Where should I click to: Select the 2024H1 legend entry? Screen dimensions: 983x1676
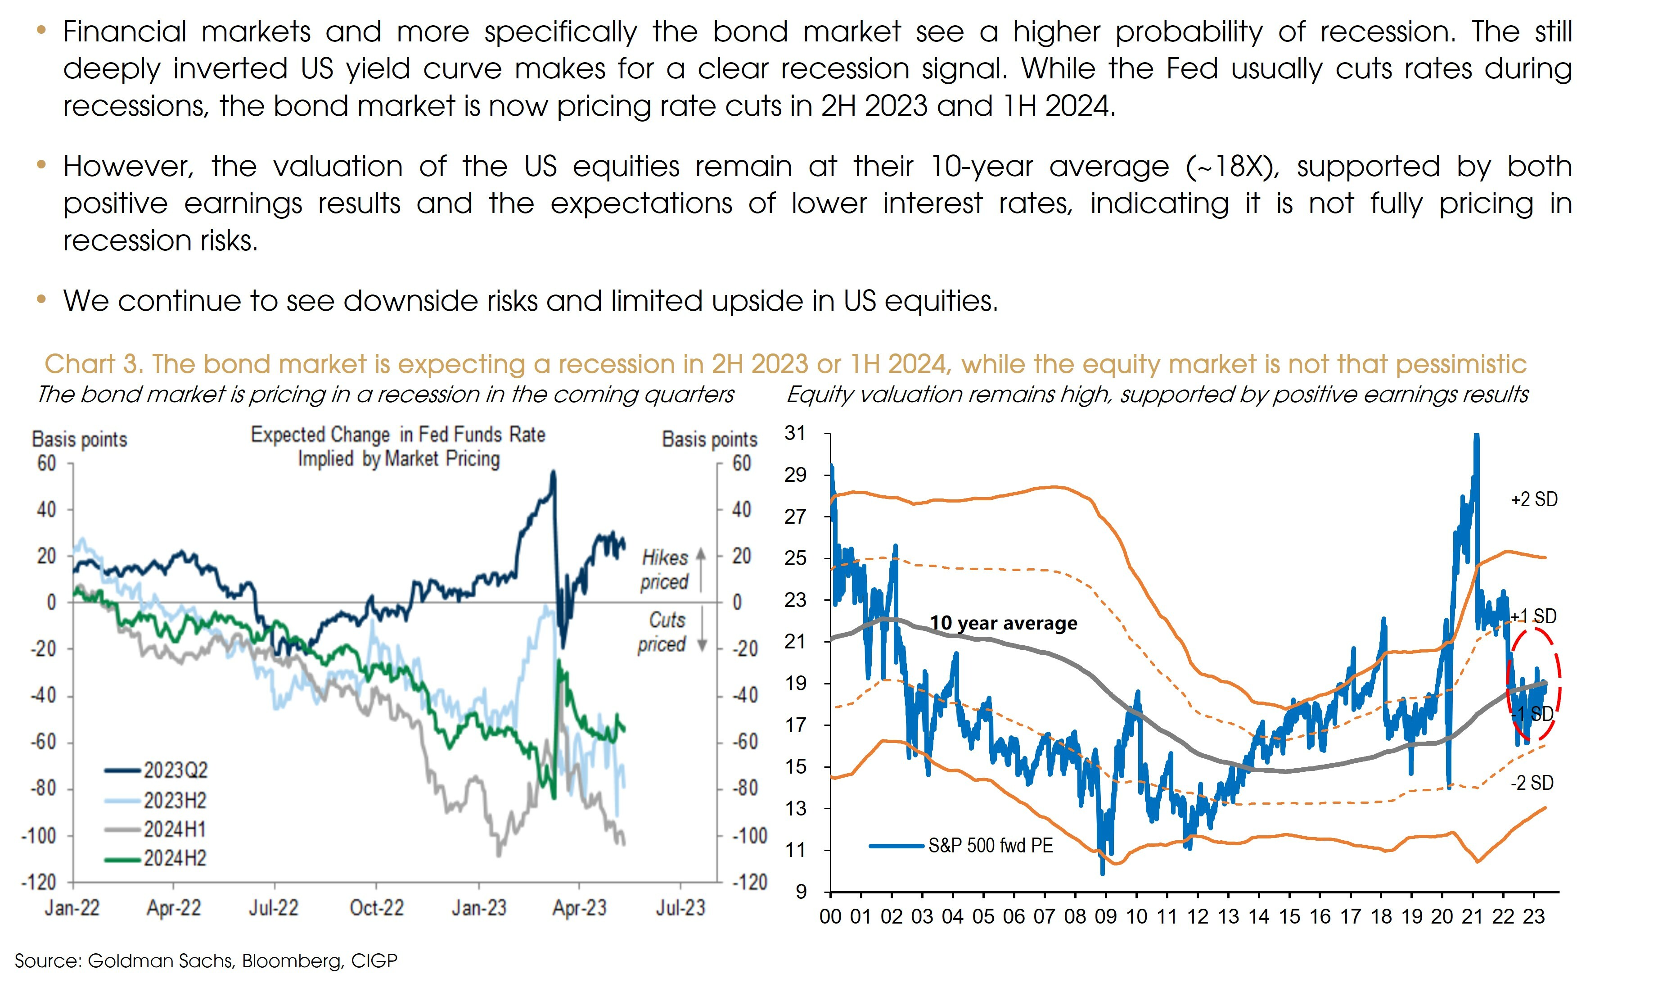click(x=174, y=829)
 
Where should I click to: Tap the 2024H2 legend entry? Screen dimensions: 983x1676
click(x=174, y=859)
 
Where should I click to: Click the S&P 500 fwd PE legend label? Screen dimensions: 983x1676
click(x=990, y=846)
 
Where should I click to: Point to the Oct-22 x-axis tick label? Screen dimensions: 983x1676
click(x=376, y=908)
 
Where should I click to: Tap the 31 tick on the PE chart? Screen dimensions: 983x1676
click(x=795, y=433)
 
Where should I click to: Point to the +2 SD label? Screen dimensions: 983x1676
click(x=1534, y=499)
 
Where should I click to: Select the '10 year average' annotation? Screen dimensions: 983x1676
click(x=1003, y=623)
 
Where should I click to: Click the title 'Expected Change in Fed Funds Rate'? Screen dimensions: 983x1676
click(x=398, y=435)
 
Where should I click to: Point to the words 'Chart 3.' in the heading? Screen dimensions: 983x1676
click(x=93, y=364)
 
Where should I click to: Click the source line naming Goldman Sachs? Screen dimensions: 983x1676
click(x=206, y=960)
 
